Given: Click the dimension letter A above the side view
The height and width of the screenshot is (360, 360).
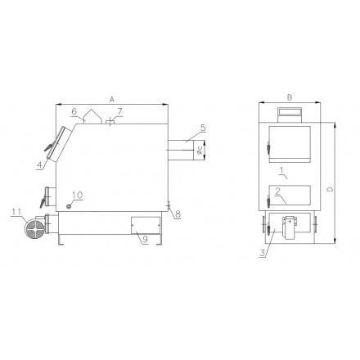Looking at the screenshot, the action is tap(111, 99).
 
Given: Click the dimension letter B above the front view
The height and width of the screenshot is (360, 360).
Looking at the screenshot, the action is tap(290, 97).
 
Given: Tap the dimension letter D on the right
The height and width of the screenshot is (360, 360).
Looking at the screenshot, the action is tap(330, 189).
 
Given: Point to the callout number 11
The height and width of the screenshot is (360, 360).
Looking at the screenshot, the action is tap(16, 212).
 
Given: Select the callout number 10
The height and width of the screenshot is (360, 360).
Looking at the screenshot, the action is tap(78, 195).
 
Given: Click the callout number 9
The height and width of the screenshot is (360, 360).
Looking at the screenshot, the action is tap(146, 239).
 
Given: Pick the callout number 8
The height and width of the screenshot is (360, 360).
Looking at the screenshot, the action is tap(178, 214).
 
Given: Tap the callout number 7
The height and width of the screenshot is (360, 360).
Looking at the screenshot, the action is tap(119, 111).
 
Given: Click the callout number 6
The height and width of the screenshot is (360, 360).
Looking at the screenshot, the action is tap(74, 111).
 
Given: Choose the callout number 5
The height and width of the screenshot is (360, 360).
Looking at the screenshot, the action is tap(203, 128).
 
